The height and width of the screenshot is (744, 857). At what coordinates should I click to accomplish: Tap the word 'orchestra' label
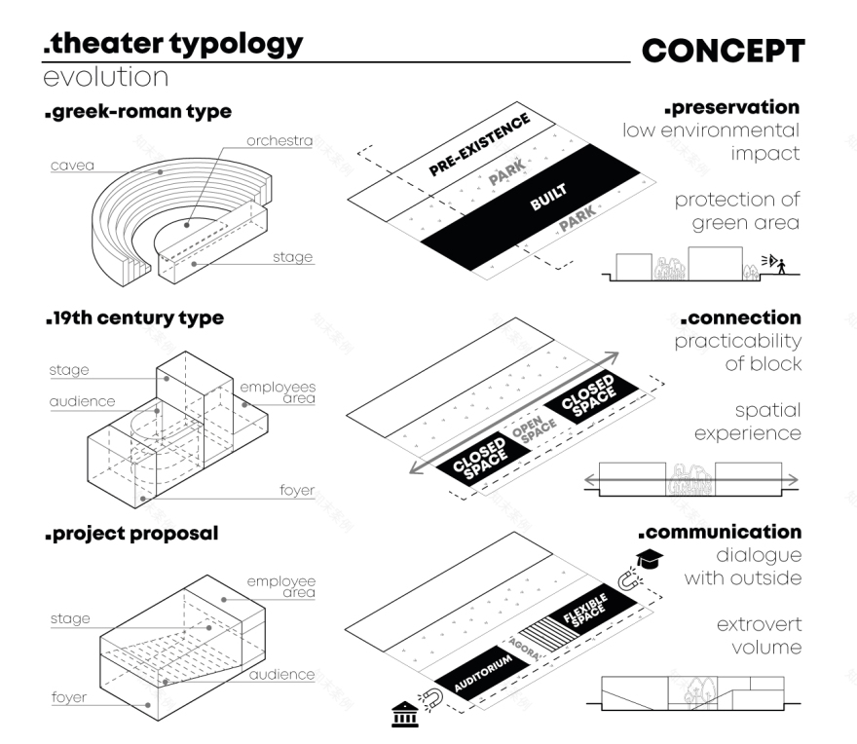tap(279, 140)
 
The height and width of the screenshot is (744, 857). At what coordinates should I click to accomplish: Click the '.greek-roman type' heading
tap(137, 111)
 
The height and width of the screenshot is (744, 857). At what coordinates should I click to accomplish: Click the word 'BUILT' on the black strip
tap(548, 198)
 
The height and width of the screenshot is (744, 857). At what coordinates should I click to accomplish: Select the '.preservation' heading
tap(731, 106)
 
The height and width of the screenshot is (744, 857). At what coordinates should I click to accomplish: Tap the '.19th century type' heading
tap(133, 318)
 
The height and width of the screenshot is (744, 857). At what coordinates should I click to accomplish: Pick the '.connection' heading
tap(739, 318)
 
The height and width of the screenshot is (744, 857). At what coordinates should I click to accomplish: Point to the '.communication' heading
tap(720, 533)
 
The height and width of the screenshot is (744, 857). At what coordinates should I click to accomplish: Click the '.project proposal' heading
tap(130, 534)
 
